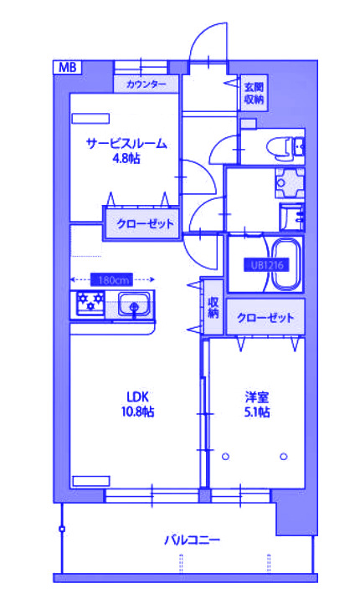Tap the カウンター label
[x=147, y=84]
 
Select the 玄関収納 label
[x=254, y=93]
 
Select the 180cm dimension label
[x=113, y=280]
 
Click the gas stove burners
[x=87, y=304]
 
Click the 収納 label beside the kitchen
[x=213, y=308]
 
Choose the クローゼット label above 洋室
[x=265, y=318]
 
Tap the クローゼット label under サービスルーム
[x=145, y=223]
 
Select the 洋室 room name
[x=256, y=397]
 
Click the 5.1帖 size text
[x=256, y=412]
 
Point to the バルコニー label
[x=192, y=540]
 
